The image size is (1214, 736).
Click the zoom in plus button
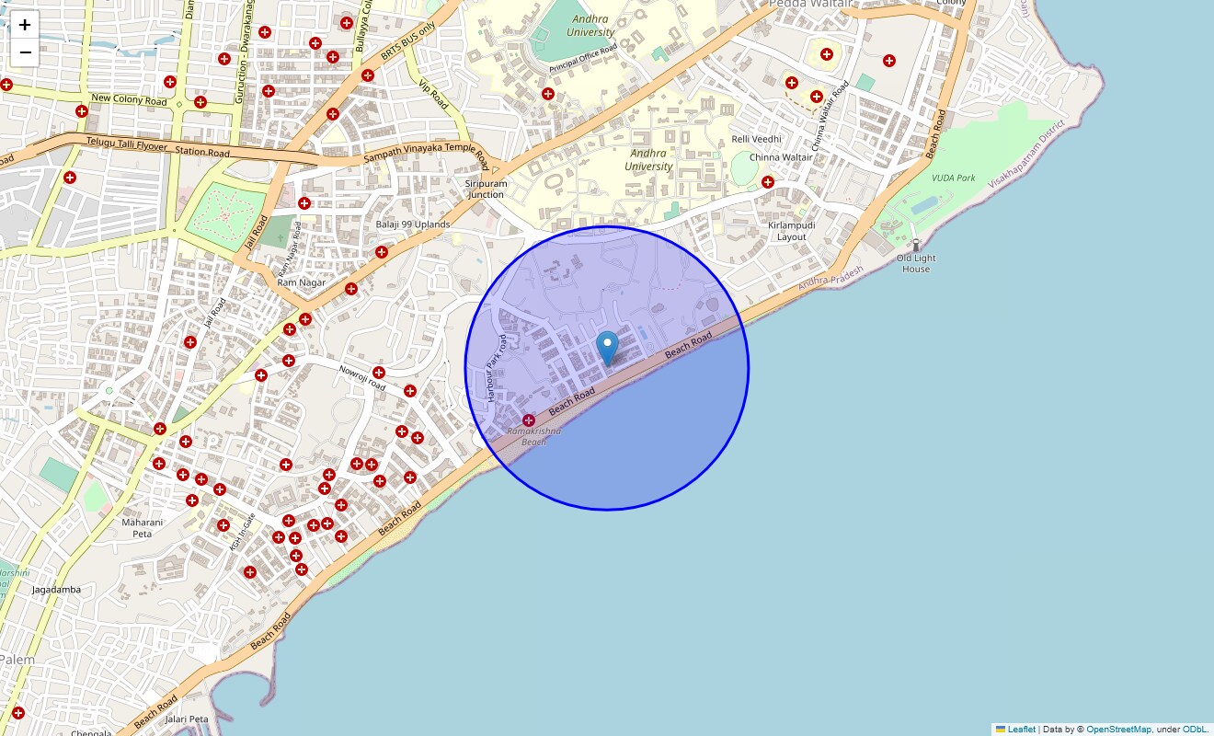tap(25, 25)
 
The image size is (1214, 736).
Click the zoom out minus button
tap(25, 52)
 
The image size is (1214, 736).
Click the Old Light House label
tap(916, 264)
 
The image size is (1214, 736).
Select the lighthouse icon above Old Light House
tap(915, 245)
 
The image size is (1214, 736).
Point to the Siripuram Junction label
tap(486, 189)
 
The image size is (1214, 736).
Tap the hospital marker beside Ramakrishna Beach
tap(529, 420)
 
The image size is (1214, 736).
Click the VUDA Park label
tap(953, 178)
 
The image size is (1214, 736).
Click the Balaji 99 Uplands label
tap(413, 224)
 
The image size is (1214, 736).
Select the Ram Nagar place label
tap(302, 282)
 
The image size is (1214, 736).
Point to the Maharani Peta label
tap(143, 528)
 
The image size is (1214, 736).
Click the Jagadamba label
tap(56, 590)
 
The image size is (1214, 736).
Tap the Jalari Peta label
tap(186, 719)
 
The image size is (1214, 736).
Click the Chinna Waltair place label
tap(781, 157)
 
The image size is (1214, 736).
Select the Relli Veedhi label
tap(756, 139)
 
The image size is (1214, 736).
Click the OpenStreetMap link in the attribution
tap(1118, 730)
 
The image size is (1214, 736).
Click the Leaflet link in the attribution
tap(1021, 730)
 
